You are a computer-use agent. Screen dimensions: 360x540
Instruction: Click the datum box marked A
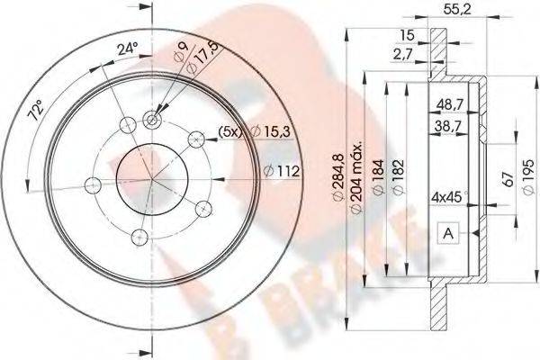[x=448, y=234]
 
